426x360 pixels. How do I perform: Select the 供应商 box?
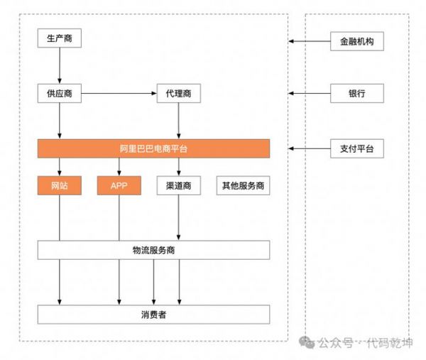(59, 93)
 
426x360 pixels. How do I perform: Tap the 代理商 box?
(177, 93)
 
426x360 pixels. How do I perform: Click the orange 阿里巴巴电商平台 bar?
(153, 148)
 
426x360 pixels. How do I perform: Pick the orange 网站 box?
(59, 186)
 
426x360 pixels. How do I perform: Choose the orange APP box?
(119, 186)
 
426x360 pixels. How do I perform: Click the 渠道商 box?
(177, 186)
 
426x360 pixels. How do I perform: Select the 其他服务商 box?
(244, 186)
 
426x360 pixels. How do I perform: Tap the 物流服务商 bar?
(153, 250)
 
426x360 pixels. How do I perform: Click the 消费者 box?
(153, 314)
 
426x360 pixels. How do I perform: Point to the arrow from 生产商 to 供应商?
(59, 66)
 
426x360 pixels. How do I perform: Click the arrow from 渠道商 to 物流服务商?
(177, 218)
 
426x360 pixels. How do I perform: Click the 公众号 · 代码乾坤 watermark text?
(364, 344)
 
